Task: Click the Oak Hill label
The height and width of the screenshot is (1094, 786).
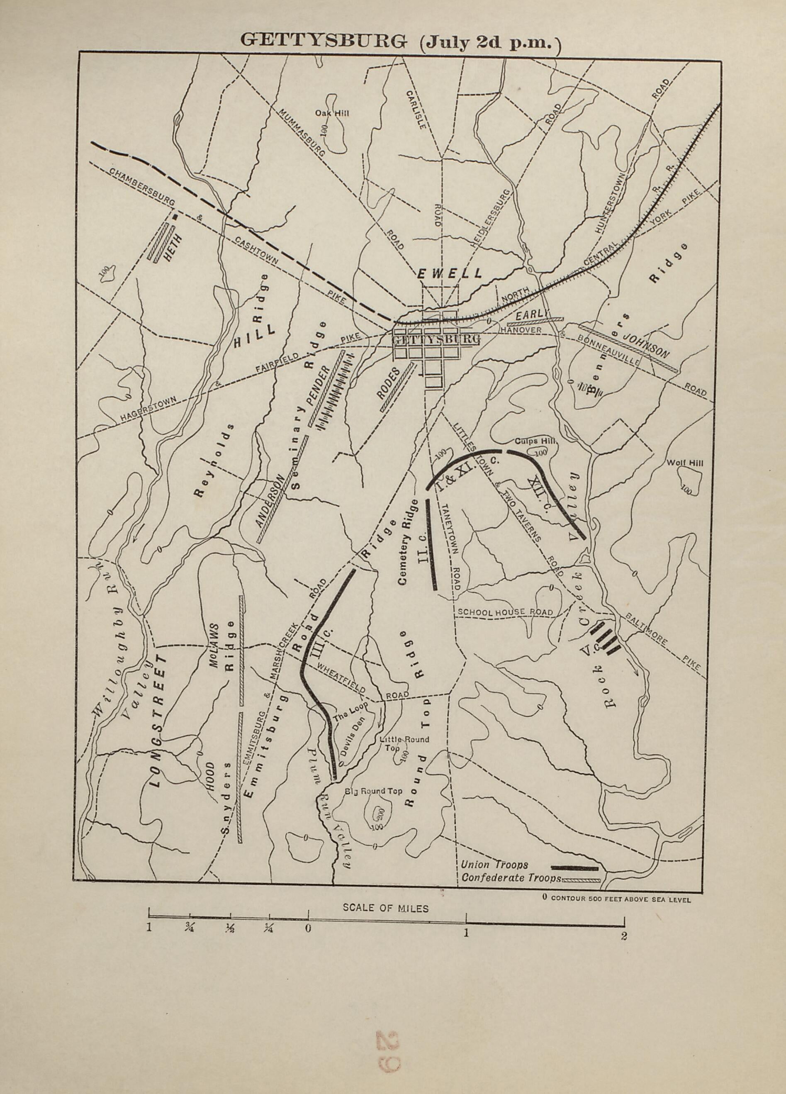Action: (x=332, y=113)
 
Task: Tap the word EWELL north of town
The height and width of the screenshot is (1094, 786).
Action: (x=450, y=273)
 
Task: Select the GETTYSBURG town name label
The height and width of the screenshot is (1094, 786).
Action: (x=437, y=340)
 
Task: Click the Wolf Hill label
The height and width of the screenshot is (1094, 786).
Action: (x=685, y=463)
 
